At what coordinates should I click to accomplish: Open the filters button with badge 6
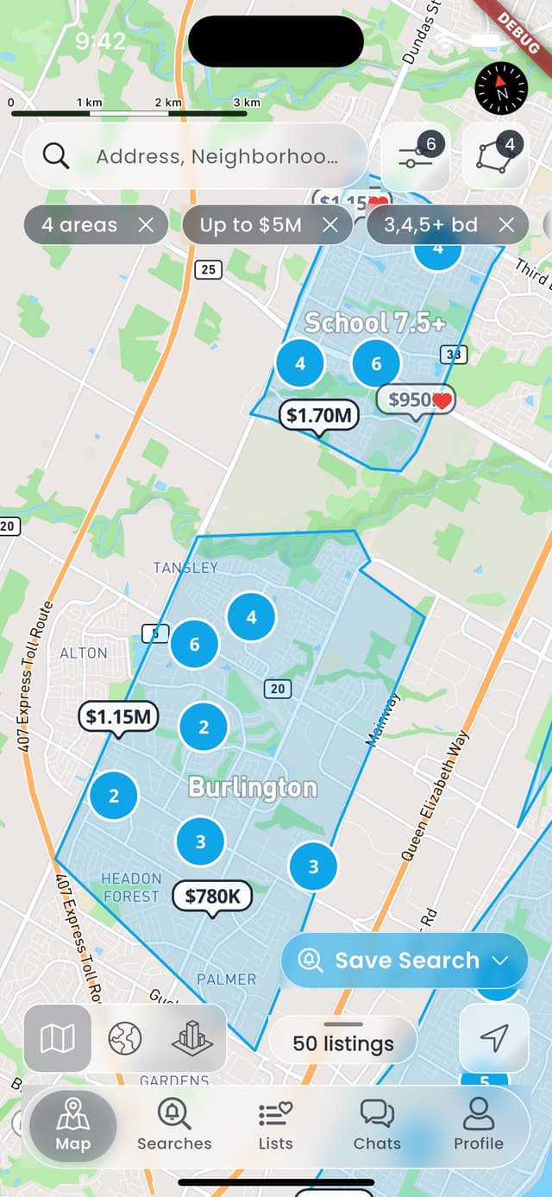pyautogui.click(x=416, y=156)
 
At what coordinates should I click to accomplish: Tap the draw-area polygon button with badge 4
pyautogui.click(x=495, y=156)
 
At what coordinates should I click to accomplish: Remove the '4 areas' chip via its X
pyautogui.click(x=147, y=225)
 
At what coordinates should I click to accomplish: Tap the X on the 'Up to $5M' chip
pyautogui.click(x=330, y=225)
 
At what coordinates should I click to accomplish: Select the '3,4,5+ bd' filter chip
pyautogui.click(x=430, y=225)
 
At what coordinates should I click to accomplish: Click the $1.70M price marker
pyautogui.click(x=318, y=415)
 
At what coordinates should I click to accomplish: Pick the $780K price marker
pyautogui.click(x=212, y=897)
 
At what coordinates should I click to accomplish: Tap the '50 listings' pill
pyautogui.click(x=343, y=1043)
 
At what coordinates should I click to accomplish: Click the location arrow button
pyautogui.click(x=493, y=1038)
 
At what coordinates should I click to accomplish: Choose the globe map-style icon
pyautogui.click(x=125, y=1038)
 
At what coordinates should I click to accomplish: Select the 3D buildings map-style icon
pyautogui.click(x=191, y=1038)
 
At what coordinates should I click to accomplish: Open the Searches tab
pyautogui.click(x=174, y=1125)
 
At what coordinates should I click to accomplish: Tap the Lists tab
pyautogui.click(x=276, y=1125)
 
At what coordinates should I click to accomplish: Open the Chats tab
pyautogui.click(x=377, y=1125)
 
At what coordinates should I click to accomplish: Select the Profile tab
pyautogui.click(x=479, y=1125)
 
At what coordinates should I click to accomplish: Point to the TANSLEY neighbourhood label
pyautogui.click(x=185, y=568)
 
